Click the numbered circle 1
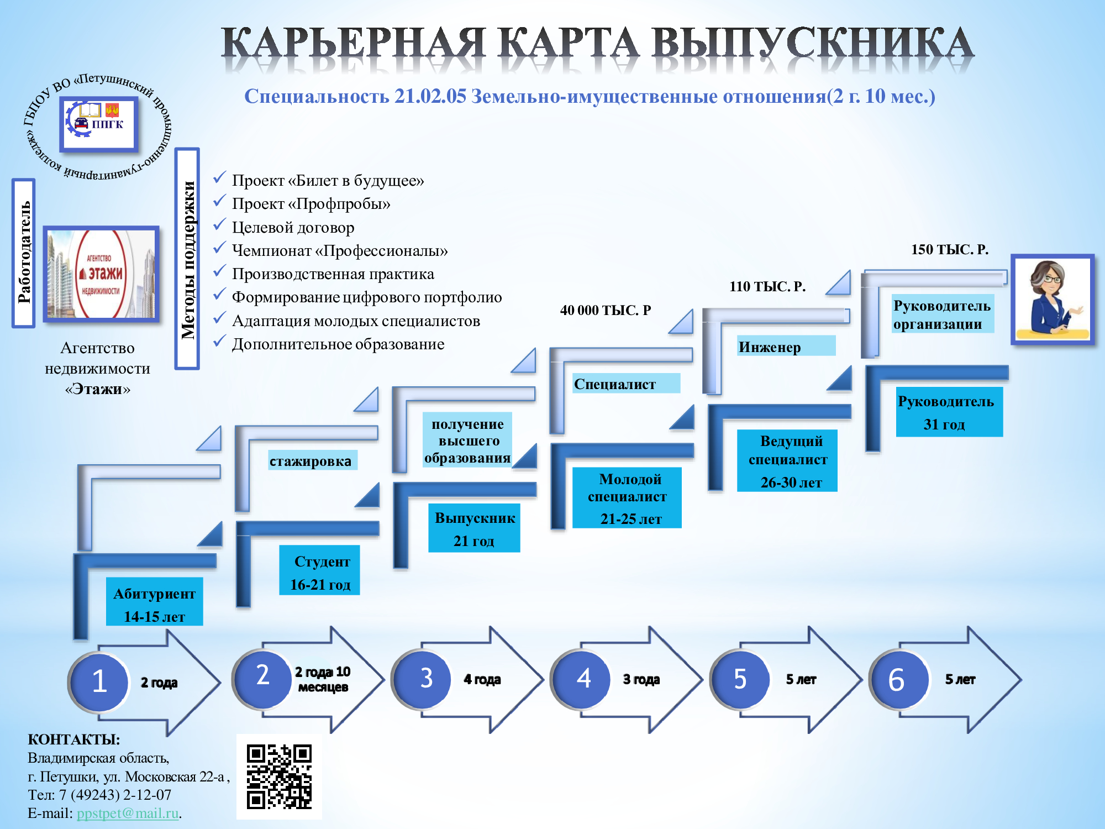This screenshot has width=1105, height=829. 99,681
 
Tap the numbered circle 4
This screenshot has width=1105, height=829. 583,679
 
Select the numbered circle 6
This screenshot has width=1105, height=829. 897,680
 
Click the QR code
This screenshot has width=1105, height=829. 279,776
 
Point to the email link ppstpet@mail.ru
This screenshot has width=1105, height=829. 128,814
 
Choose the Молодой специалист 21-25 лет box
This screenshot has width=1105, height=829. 627,498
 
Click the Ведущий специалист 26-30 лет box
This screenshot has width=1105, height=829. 787,460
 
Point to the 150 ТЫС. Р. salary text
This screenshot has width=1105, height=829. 949,250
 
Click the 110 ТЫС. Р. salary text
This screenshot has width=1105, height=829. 767,286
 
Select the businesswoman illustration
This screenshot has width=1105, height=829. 1053,299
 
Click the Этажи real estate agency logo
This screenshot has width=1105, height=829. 101,274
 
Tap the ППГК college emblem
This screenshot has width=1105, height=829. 99,123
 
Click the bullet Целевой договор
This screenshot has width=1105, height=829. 293,227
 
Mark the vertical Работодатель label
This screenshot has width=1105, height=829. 24,253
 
